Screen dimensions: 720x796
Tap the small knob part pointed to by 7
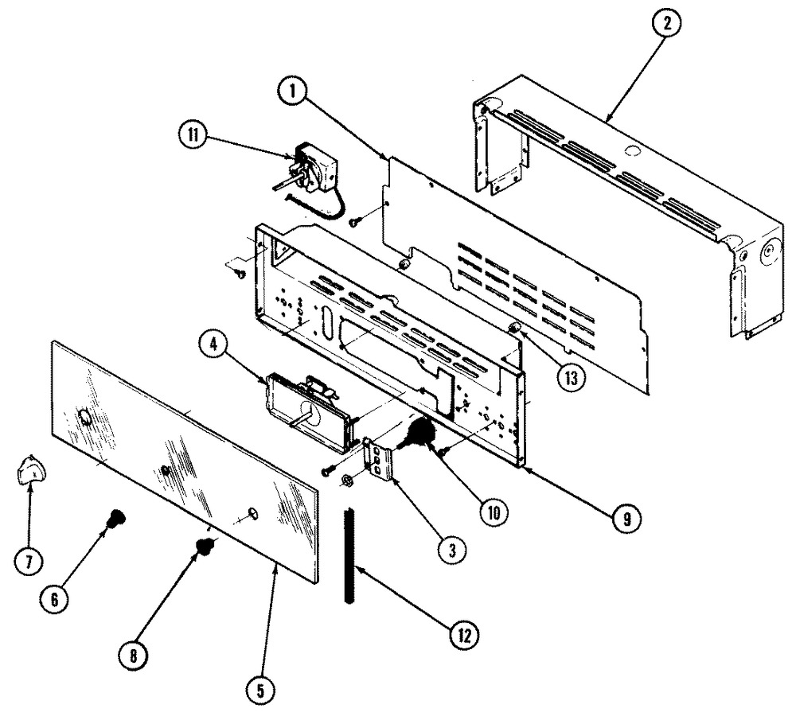31,473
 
